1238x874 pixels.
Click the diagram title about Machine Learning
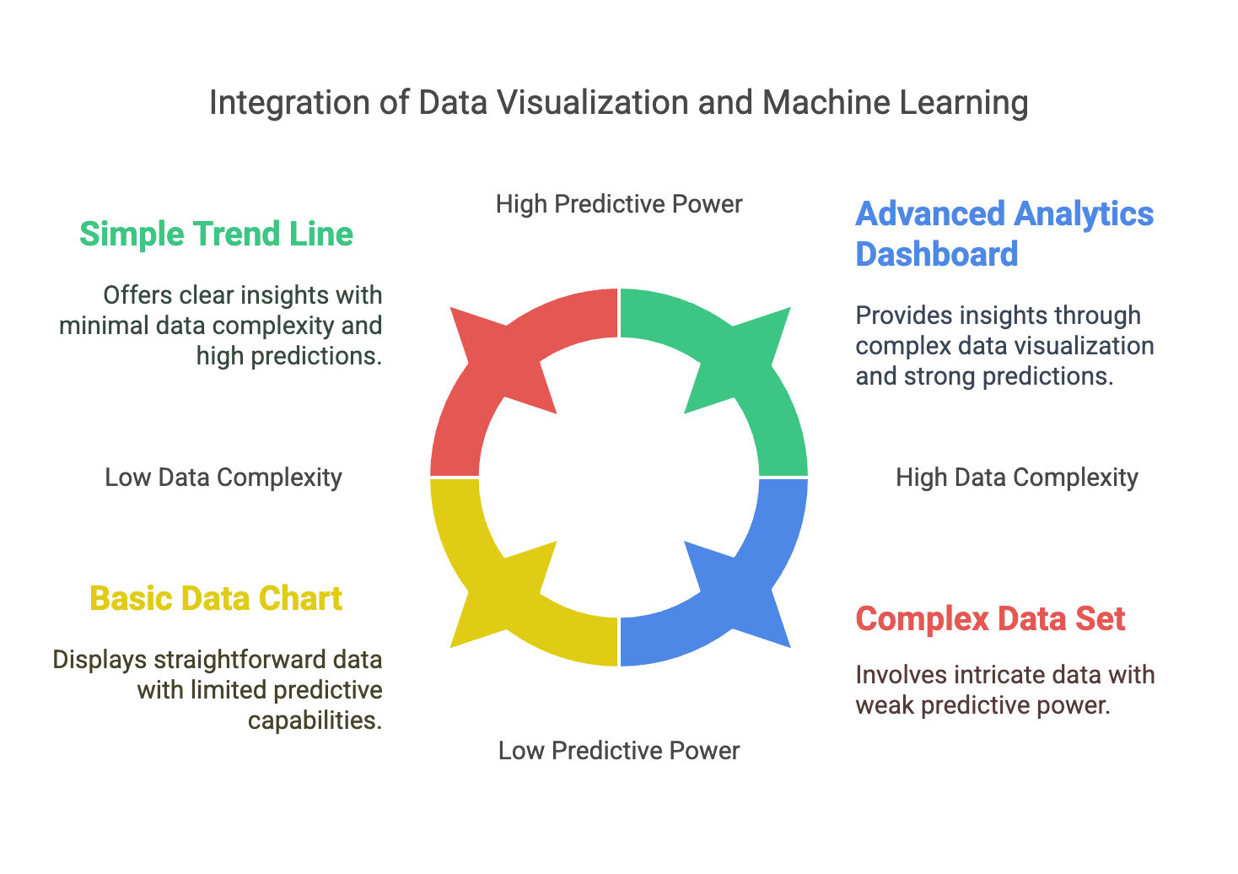point(618,103)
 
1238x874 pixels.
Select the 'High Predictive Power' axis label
point(618,204)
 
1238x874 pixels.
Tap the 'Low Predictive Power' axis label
point(618,751)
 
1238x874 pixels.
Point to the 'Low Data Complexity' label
point(223,477)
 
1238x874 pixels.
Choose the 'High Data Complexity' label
point(1016,477)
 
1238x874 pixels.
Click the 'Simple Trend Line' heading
point(216,234)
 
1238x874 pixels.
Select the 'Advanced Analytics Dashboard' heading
point(1004,234)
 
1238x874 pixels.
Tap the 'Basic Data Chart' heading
point(216,598)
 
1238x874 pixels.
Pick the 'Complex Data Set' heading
point(990,618)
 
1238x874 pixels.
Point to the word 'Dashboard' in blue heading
point(937,254)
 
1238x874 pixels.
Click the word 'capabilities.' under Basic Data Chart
point(315,720)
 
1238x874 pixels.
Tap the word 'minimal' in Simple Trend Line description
point(101,326)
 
